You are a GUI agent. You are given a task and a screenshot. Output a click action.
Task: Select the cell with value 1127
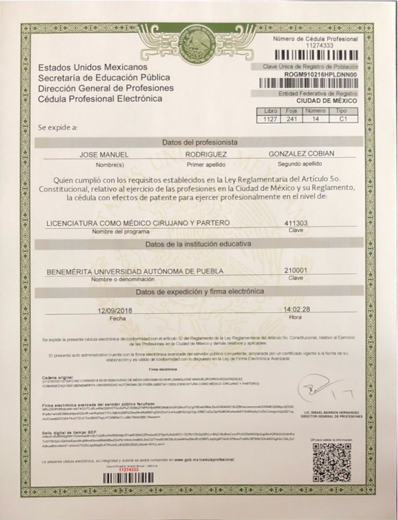pos(270,119)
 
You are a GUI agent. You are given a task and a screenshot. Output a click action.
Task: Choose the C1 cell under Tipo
pos(343,119)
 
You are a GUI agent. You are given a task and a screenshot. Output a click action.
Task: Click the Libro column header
pos(270,111)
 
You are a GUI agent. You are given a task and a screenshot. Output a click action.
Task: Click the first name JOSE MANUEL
pos(104,155)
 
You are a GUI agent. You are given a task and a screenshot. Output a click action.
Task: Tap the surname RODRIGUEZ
pos(206,155)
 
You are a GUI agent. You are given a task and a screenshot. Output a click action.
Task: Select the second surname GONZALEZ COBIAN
pos(301,154)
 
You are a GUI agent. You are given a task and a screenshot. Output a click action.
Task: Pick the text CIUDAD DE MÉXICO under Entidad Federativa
pos(326,101)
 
